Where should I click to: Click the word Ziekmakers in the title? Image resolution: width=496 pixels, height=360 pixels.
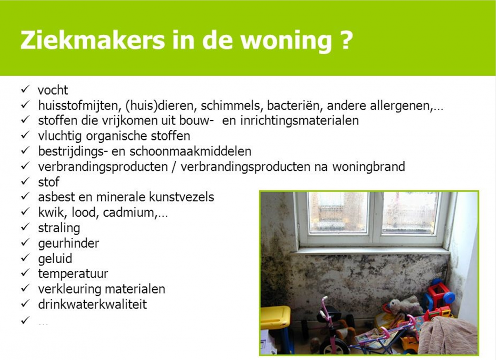(x=93, y=40)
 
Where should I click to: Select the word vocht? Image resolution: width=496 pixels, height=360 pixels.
(x=53, y=90)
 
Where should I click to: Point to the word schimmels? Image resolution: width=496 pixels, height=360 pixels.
(x=230, y=106)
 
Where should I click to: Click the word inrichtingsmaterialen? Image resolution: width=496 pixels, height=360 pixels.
(x=299, y=121)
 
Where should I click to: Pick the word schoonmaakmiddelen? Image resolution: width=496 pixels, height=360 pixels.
(x=191, y=151)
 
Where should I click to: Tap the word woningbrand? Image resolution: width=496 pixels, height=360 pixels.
(x=369, y=167)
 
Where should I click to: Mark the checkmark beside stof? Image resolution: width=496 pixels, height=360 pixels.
(x=25, y=181)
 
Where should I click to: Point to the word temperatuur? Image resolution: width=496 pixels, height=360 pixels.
(x=73, y=274)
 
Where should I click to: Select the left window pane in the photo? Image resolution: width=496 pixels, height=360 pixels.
(x=338, y=212)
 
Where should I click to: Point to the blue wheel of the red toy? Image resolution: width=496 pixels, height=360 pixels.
(x=449, y=298)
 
